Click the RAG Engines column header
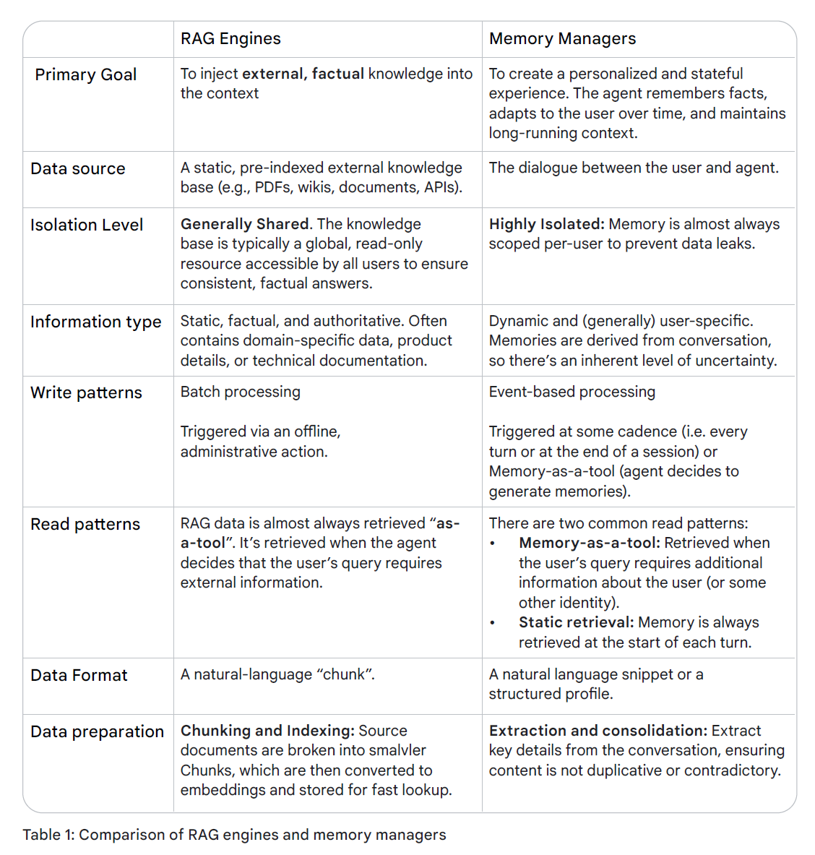[230, 39]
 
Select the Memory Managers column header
[562, 39]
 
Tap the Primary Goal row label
[86, 75]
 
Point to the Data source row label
[78, 169]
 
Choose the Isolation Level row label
[87, 225]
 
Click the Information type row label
[95, 322]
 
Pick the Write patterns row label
[86, 393]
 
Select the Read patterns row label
[85, 525]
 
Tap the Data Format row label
[79, 676]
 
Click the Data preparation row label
[97, 732]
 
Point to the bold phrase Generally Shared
[244, 225]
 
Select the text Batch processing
[240, 392]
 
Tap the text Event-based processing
[572, 392]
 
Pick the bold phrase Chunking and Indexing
[267, 731]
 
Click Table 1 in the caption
[48, 835]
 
